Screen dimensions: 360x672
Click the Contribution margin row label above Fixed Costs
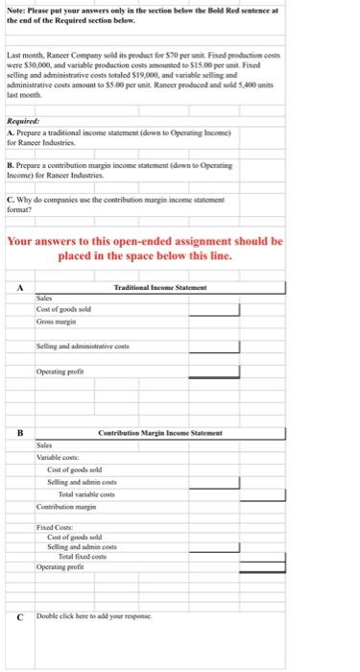[66, 505]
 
